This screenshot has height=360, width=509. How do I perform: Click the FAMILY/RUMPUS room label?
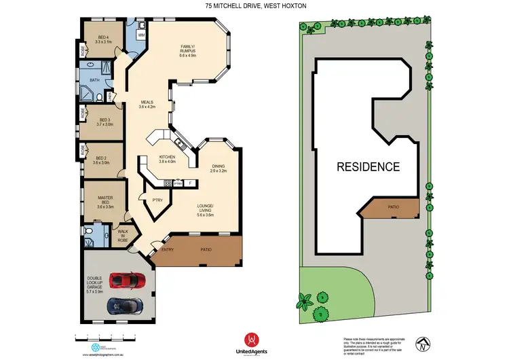click(188, 50)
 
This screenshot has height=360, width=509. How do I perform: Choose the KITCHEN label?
click(167, 159)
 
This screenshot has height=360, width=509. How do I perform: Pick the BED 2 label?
click(101, 160)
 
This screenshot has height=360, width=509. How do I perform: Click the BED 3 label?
click(104, 122)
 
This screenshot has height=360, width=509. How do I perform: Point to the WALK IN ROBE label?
click(123, 236)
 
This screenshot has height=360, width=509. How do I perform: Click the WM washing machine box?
click(142, 34)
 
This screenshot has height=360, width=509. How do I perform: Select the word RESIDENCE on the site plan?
click(369, 166)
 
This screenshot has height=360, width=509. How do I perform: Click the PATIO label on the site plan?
click(393, 206)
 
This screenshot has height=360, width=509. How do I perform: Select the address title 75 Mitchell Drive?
click(254, 6)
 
